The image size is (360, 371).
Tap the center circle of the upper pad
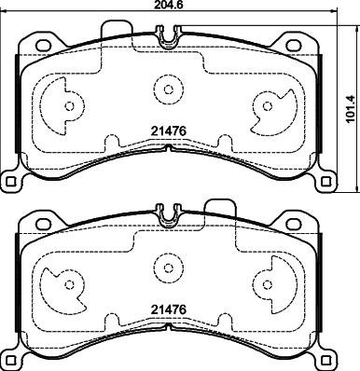(168, 91)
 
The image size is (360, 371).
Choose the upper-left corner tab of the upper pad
(40, 43)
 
